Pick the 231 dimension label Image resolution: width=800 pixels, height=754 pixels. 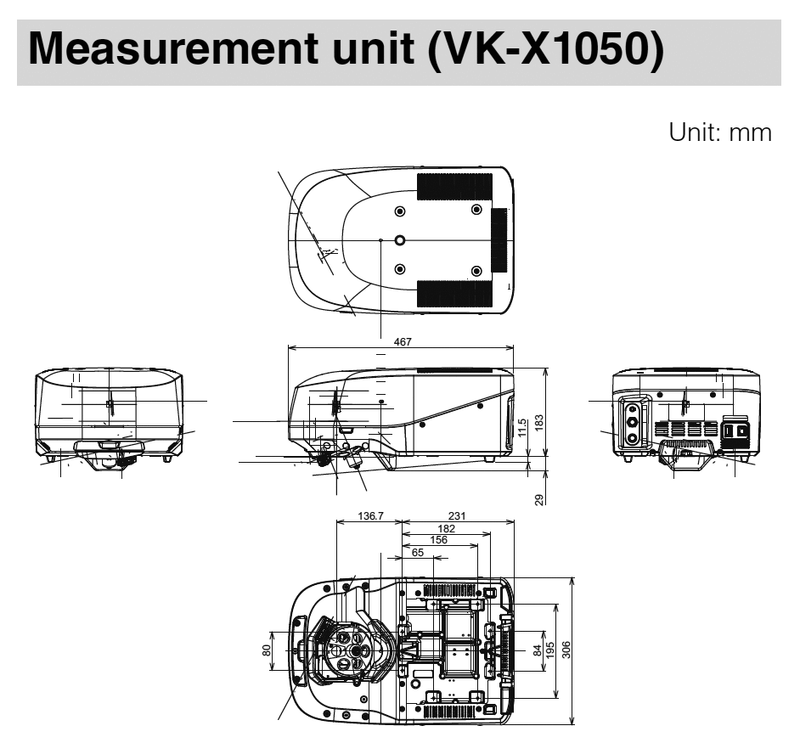coord(457,515)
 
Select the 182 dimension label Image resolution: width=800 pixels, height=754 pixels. coord(446,527)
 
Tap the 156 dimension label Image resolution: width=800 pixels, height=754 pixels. coord(439,539)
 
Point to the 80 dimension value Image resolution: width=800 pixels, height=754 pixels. coord(267,650)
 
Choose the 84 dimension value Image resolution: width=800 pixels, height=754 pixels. coord(537,650)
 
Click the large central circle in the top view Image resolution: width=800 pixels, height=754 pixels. coord(401,240)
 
